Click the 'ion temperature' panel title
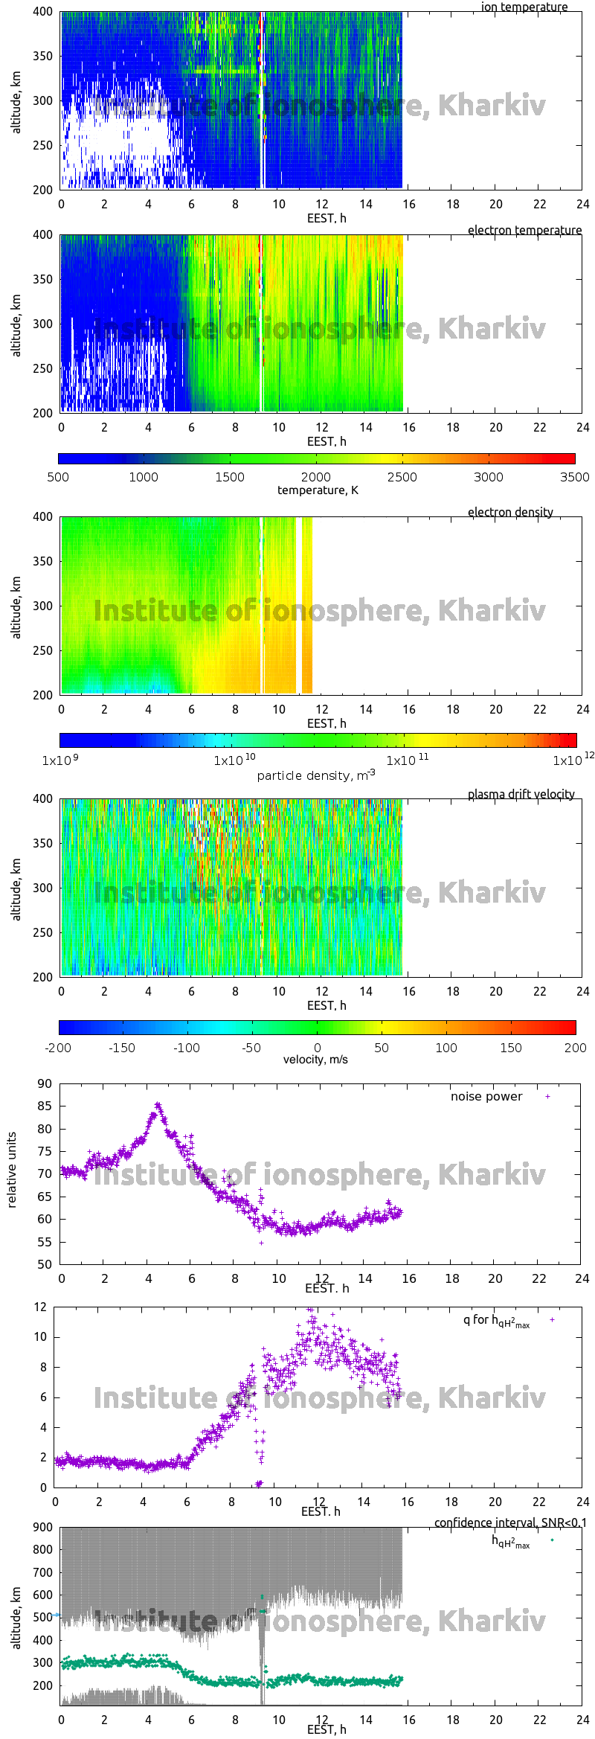[524, 7]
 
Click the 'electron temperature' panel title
[524, 230]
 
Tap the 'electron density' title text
[510, 512]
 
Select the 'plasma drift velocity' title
[521, 794]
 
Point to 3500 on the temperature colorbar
[574, 477]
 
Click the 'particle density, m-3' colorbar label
[316, 775]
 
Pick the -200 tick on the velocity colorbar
[58, 1048]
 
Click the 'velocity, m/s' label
[315, 1059]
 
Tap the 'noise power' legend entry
[486, 1096]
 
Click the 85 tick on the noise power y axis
[45, 1106]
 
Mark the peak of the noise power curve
[157, 1106]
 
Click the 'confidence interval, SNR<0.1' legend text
[510, 1522]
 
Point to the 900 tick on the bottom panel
[43, 1527]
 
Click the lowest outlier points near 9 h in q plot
[259, 1483]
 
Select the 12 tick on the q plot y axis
[40, 1307]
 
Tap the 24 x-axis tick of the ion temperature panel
[582, 204]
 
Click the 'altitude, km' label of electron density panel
[16, 606]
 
